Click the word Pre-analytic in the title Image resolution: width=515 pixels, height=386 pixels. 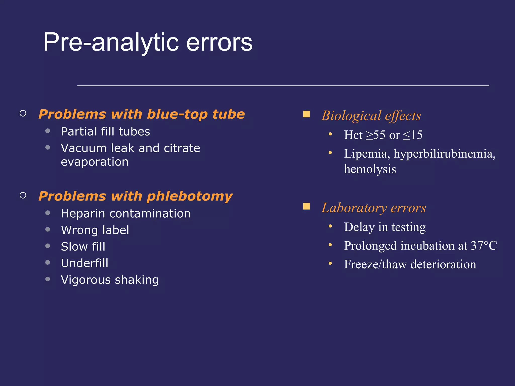(111, 43)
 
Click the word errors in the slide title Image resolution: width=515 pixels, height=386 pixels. (219, 43)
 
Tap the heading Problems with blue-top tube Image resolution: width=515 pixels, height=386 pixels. (142, 114)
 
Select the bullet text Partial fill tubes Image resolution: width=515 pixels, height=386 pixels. (105, 132)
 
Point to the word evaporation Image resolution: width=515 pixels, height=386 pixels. (95, 162)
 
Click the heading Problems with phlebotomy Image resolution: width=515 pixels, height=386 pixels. (136, 196)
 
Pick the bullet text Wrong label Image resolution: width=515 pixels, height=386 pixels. (95, 230)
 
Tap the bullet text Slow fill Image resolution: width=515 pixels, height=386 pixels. (83, 247)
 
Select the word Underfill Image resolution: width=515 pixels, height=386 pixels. (84, 263)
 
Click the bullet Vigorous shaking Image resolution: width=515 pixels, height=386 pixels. (110, 280)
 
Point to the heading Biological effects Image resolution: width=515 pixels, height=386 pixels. (371, 116)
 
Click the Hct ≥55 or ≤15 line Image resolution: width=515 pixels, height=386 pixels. (383, 135)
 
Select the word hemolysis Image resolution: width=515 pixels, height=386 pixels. (370, 169)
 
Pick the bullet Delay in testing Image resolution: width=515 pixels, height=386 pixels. (385, 227)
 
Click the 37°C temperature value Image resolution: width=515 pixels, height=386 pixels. (484, 246)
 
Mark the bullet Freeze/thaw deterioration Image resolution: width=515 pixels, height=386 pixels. (410, 264)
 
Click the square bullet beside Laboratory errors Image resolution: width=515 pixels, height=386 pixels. (306, 206)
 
